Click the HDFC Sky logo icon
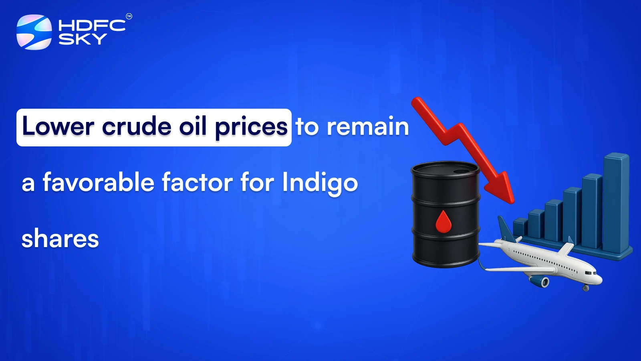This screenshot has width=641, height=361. [x=34, y=32]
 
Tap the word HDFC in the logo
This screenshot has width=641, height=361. [x=92, y=26]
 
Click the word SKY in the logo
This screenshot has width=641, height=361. [x=83, y=39]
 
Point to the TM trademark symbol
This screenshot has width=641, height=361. [x=129, y=16]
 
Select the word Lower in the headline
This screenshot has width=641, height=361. [x=58, y=126]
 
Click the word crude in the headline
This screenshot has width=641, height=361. [x=137, y=126]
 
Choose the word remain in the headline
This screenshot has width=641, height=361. [x=368, y=126]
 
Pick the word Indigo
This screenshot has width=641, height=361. [x=320, y=184]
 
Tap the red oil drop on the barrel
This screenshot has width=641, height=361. [x=443, y=221]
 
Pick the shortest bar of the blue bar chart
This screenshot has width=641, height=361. [x=520, y=228]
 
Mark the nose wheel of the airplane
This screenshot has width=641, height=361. [x=586, y=288]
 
